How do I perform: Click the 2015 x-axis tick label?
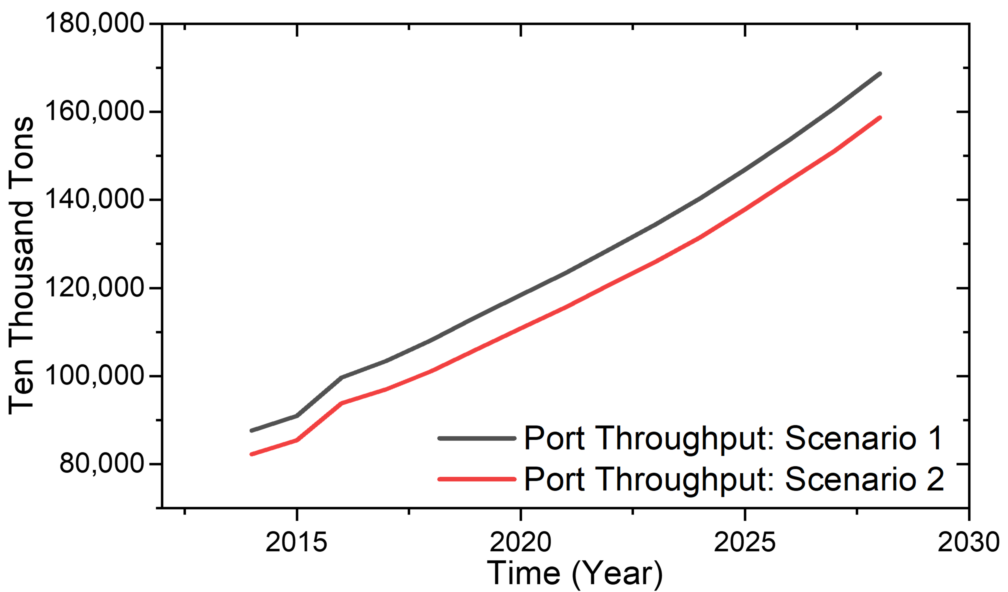[296, 542]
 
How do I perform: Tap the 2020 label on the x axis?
[520, 542]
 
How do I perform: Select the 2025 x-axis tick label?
[745, 542]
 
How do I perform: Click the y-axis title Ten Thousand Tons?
[21, 266]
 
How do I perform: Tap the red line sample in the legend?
[477, 479]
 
